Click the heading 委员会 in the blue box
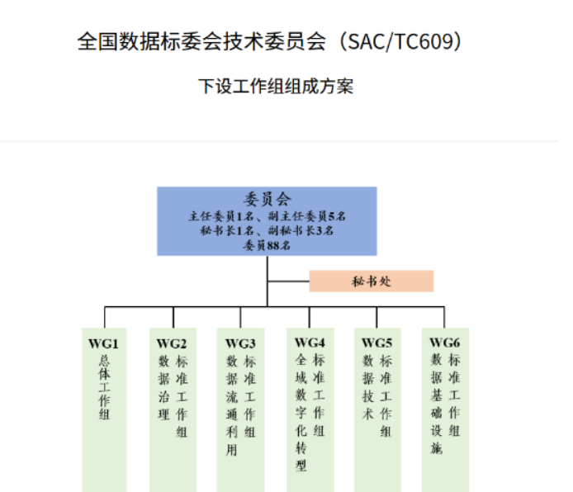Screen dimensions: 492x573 [x=267, y=198]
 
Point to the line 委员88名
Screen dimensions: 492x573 [x=267, y=245]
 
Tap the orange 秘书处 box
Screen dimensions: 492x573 [x=371, y=281]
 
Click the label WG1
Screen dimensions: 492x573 [x=104, y=343]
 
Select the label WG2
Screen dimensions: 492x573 [x=172, y=343]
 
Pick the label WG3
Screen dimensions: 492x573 [x=240, y=343]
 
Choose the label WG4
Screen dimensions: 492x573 [x=310, y=343]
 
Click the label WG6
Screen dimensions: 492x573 [x=445, y=343]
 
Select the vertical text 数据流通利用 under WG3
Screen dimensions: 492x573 [x=232, y=406]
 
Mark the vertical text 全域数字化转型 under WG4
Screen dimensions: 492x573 [x=301, y=413]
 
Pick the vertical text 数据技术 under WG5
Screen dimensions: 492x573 [x=368, y=388]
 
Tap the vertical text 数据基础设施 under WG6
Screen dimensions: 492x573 [x=437, y=404]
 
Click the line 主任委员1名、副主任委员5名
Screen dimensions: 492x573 [x=267, y=216]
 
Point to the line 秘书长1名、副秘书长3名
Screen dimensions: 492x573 [x=267, y=231]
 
